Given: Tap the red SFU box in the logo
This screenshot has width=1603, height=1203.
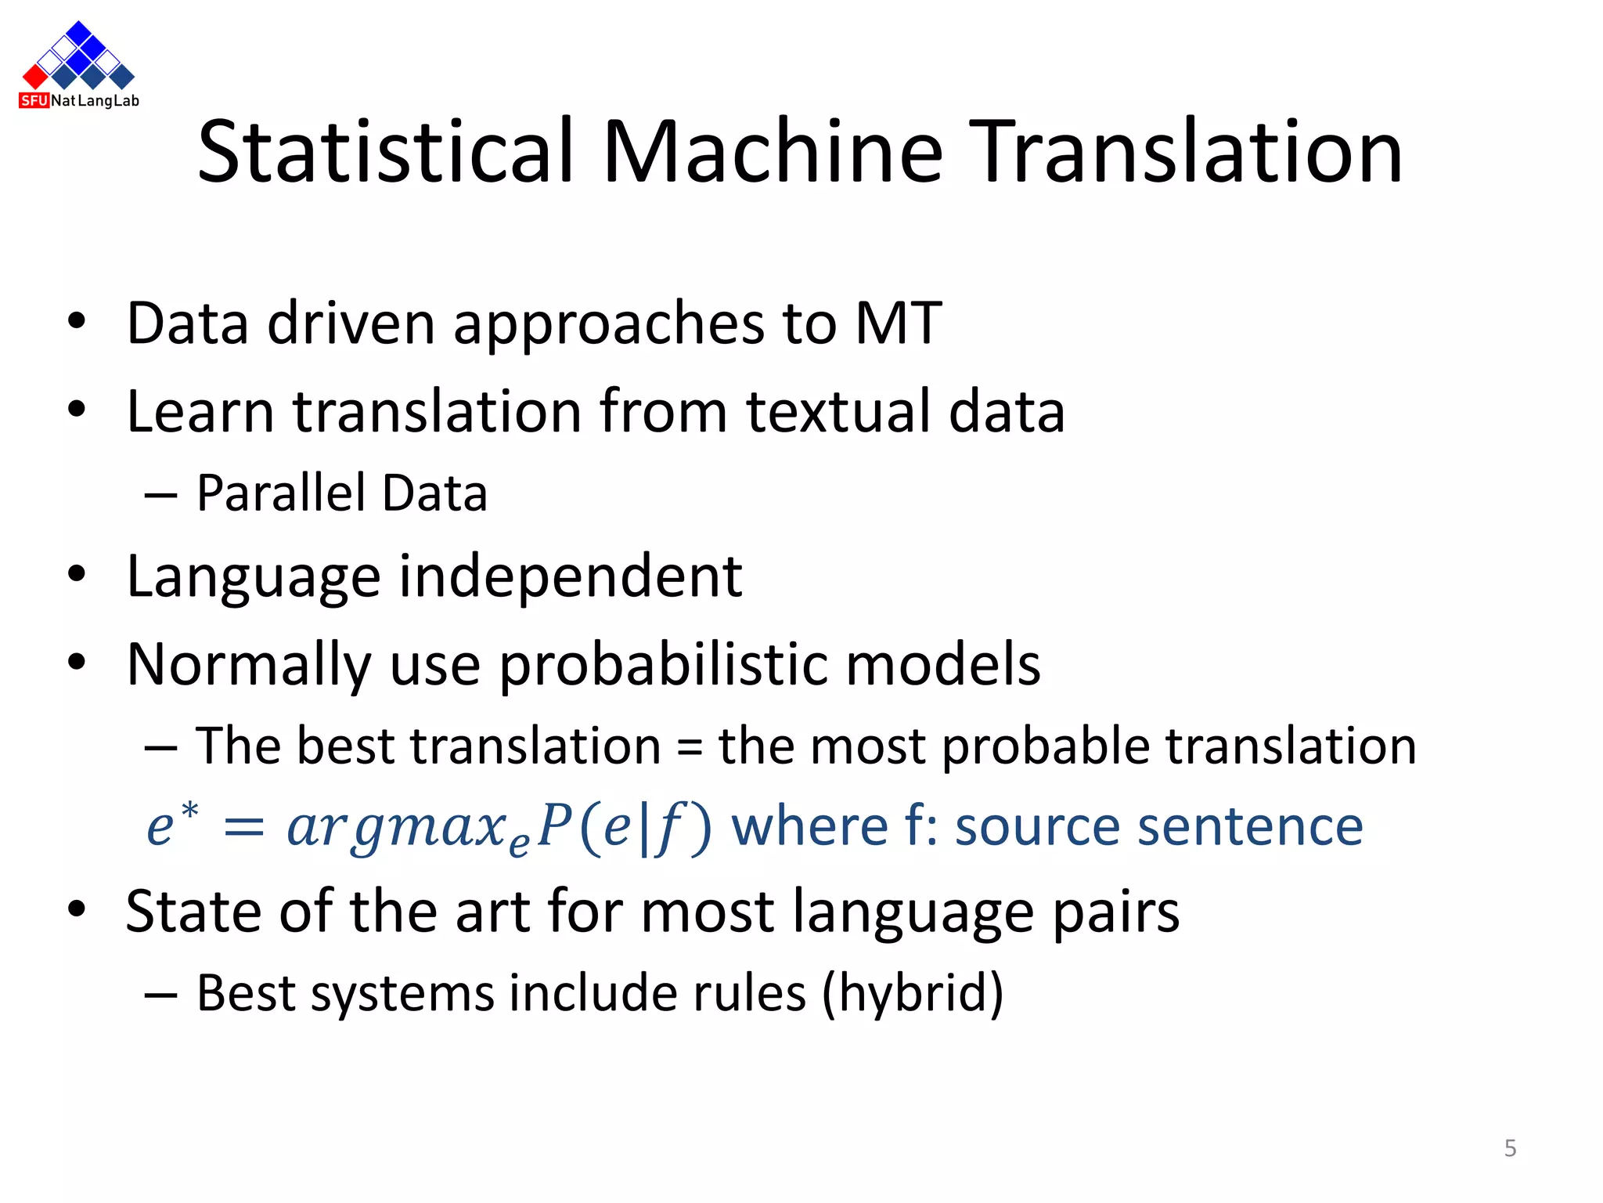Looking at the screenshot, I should [x=34, y=100].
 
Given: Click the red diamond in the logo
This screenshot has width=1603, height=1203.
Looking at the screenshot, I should [x=35, y=76].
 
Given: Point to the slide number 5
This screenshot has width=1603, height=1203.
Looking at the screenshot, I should [x=1510, y=1148].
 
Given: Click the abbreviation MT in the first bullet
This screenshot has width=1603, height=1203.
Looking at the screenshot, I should [x=898, y=323].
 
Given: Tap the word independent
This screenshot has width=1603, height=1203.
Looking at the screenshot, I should [x=571, y=576].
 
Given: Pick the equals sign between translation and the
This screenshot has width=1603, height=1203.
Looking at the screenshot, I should [x=689, y=746].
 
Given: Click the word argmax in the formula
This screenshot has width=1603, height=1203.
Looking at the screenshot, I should [x=398, y=827].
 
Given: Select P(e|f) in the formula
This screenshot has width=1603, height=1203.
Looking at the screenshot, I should [x=625, y=827].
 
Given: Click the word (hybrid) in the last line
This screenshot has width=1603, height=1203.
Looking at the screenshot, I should [x=912, y=993].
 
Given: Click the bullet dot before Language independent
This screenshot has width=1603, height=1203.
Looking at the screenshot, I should [x=76, y=574].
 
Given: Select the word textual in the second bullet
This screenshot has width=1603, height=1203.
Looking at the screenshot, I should [x=838, y=411].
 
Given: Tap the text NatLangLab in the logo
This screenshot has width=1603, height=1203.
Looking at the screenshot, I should [x=95, y=101].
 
